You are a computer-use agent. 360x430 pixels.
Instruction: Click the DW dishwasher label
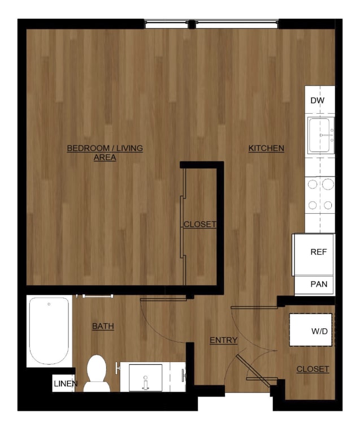point(317,101)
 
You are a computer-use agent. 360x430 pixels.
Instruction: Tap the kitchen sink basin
point(321,135)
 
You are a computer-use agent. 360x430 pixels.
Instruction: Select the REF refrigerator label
point(319,252)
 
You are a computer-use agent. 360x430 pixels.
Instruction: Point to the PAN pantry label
point(319,285)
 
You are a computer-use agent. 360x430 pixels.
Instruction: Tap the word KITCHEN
point(266,148)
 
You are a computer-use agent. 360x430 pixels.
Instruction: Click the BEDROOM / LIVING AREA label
point(105,153)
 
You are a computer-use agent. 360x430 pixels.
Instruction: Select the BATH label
point(103,326)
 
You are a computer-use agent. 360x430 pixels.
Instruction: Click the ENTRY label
point(223,340)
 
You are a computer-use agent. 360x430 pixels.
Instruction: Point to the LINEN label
point(66,384)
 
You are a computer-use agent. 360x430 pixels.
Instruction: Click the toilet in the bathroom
point(97,373)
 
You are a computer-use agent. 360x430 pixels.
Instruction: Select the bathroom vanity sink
point(146,377)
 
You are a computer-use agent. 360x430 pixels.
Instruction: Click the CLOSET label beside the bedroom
point(200,225)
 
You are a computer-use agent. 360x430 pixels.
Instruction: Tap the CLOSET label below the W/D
point(313,369)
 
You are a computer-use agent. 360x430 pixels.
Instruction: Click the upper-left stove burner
point(312,184)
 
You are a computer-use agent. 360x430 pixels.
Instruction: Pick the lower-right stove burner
point(328,205)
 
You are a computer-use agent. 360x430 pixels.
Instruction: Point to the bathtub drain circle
point(49,304)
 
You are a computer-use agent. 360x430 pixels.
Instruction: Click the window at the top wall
point(211,24)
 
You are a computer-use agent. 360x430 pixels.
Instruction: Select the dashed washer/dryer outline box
point(311,329)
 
